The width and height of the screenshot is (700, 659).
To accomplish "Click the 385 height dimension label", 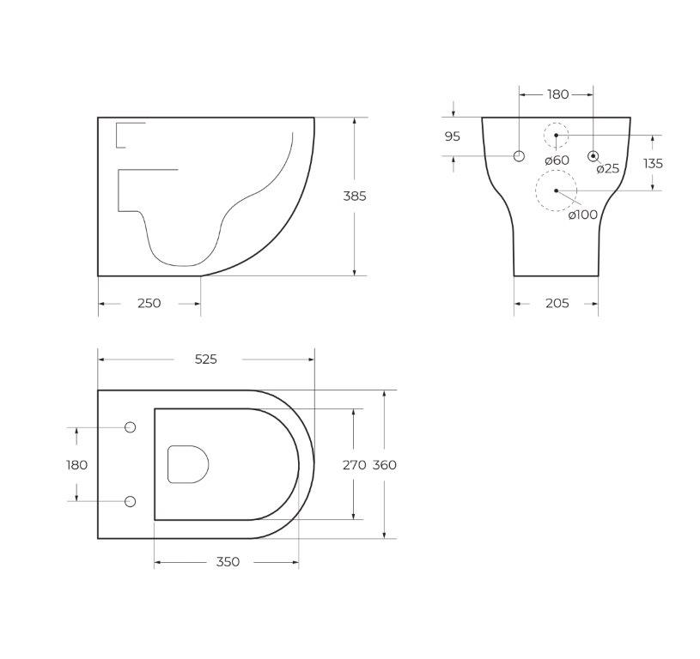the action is click(355, 196).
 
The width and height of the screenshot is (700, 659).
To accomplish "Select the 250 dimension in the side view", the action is click(149, 303).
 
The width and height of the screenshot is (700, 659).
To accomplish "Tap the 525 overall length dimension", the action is click(206, 359).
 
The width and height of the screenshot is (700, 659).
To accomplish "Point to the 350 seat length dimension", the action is click(228, 562).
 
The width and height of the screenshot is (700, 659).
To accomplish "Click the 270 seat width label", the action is click(355, 465).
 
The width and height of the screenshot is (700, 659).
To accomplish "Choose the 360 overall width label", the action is click(385, 465).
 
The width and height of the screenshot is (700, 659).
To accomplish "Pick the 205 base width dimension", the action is click(557, 303).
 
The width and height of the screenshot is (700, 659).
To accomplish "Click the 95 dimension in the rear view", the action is click(453, 136).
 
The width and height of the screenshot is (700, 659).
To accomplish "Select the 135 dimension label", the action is click(653, 164).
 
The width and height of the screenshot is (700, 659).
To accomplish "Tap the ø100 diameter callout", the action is click(583, 215).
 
